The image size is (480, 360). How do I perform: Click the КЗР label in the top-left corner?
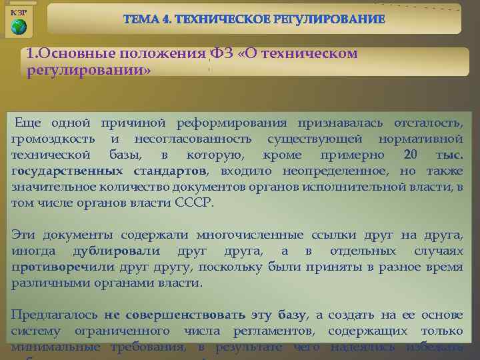(19, 13)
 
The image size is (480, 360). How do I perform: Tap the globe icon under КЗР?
(19, 27)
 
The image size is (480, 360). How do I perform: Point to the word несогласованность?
(193, 139)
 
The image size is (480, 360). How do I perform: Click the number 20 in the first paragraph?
(411, 155)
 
